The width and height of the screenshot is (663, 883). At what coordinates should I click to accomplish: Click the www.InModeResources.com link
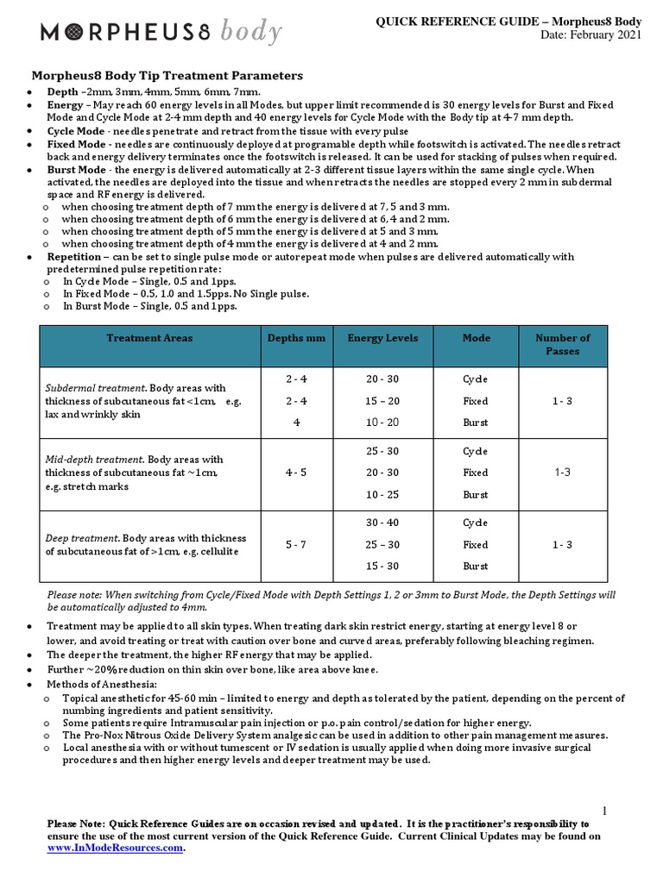[115, 848]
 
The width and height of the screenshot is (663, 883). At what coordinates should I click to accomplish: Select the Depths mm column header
[296, 338]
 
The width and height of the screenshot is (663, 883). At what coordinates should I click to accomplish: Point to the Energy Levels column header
[382, 338]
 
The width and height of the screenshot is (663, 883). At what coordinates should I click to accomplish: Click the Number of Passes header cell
[562, 344]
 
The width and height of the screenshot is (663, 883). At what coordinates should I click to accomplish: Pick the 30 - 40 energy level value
[382, 523]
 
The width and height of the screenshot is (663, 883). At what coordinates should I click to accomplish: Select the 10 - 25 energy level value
[382, 494]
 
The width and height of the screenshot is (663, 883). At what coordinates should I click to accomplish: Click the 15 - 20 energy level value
[382, 401]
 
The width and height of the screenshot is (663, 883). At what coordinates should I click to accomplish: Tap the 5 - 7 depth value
[296, 544]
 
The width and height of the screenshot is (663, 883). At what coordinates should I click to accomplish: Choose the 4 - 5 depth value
[296, 473]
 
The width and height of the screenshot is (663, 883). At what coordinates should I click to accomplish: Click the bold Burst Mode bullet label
[77, 171]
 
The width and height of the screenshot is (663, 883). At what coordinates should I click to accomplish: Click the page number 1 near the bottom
[606, 811]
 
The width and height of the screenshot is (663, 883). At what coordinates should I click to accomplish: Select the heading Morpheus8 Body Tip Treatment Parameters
[167, 76]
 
